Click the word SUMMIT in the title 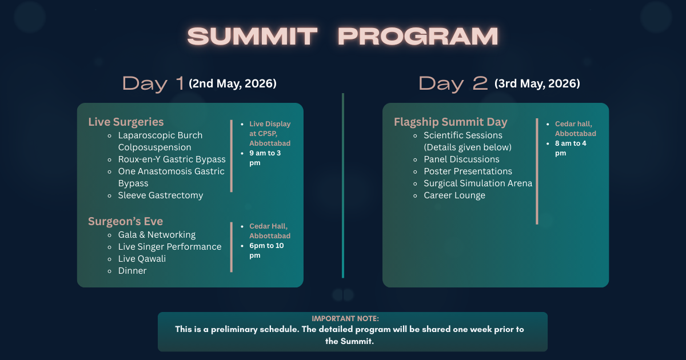click(252, 37)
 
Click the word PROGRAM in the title click(418, 37)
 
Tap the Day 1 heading click(153, 83)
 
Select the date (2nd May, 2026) click(233, 83)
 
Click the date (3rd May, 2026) click(537, 83)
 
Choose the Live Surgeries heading click(126, 122)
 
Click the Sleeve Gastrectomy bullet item click(161, 195)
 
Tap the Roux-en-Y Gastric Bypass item click(171, 159)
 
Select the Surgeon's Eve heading click(126, 221)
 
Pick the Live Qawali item click(142, 259)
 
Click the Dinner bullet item click(132, 271)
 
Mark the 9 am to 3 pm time click(265, 158)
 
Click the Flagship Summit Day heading click(450, 122)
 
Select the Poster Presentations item click(468, 171)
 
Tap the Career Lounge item click(454, 195)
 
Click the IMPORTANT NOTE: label click(345, 318)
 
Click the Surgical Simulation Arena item click(477, 183)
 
